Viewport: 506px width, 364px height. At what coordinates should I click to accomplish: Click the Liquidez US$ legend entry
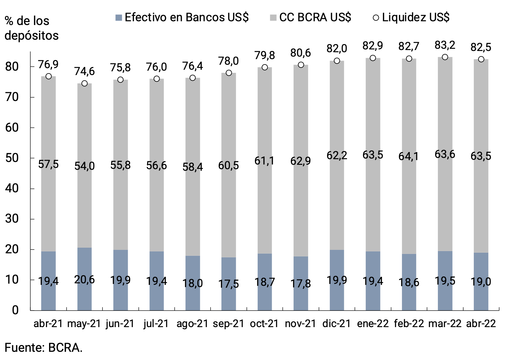411,17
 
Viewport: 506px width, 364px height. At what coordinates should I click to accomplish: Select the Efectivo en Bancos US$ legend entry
182,17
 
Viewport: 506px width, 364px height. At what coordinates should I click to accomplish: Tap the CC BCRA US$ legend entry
310,17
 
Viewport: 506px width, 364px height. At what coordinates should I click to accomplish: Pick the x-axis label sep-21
228,324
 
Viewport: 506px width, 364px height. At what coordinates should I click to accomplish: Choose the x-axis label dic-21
337,324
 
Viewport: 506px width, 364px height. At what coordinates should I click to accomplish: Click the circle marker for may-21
84,83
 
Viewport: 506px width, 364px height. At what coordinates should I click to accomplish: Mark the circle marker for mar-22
445,57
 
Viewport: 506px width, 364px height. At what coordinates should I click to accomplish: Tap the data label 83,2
445,45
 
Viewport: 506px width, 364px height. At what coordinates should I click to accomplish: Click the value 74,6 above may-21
84,72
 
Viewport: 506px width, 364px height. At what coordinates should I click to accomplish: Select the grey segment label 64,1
409,156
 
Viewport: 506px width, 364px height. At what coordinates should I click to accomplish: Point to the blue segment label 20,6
84,280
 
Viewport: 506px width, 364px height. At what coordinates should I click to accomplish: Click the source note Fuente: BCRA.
43,348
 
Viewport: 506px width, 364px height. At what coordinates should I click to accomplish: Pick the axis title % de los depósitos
31,28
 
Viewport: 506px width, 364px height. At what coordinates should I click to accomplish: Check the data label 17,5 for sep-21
228,284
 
